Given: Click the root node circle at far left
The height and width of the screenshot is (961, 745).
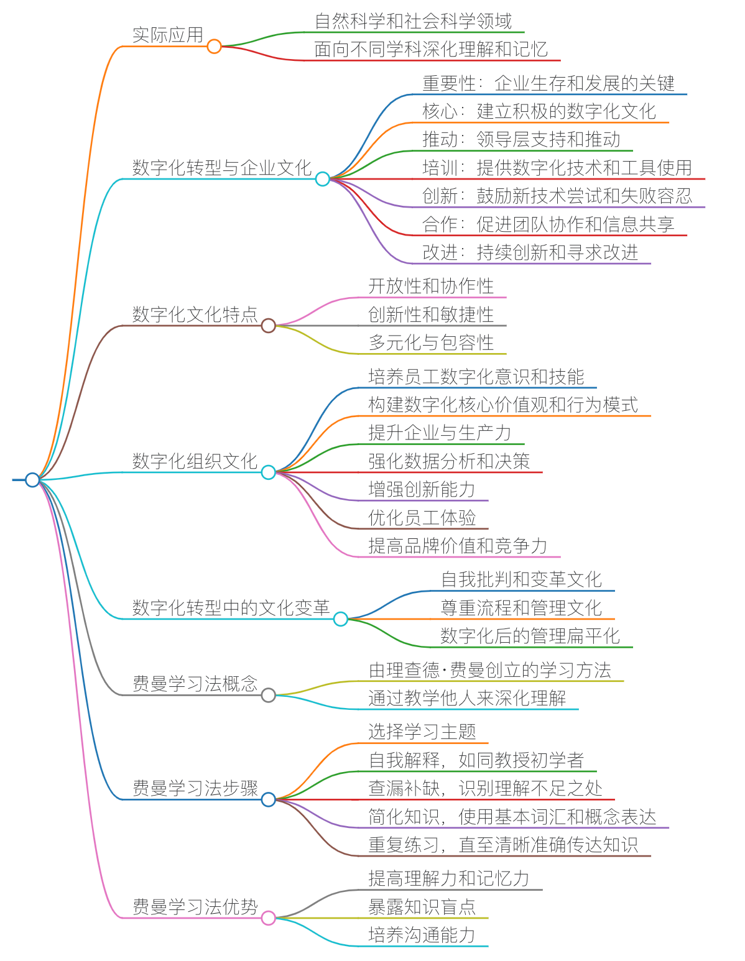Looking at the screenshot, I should tap(32, 479).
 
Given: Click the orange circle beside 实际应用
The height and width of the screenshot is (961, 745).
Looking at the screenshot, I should tap(214, 46).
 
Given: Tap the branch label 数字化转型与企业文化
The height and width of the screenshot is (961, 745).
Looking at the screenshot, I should tap(221, 167).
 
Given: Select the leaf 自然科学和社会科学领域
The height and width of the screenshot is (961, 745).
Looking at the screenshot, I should tap(413, 21).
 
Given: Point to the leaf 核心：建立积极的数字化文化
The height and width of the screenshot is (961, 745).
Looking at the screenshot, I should tap(539, 111).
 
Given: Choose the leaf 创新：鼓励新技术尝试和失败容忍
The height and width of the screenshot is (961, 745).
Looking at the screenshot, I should tap(557, 196).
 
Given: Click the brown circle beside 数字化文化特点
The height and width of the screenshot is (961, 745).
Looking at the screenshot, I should tap(268, 325).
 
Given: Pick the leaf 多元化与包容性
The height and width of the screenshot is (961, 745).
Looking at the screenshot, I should tap(431, 343).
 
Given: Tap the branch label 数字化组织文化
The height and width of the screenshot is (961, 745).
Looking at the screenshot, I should tap(195, 461).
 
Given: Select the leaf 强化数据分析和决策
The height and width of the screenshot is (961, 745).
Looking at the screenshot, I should tap(448, 461).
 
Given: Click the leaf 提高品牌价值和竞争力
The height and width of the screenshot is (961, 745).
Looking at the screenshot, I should tap(458, 546).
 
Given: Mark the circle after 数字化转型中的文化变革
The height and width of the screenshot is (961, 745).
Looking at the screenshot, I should tap(340, 618).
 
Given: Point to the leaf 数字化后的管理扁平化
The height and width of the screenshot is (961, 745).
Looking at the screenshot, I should tap(530, 636).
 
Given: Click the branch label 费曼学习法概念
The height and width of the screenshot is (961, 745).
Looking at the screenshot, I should tap(195, 684).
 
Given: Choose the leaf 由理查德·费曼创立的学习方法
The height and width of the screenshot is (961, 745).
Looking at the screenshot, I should tap(489, 670).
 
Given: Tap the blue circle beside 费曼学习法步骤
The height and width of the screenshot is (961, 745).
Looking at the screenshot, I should tap(268, 799).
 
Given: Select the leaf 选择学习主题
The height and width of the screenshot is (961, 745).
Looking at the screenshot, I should tap(422, 732).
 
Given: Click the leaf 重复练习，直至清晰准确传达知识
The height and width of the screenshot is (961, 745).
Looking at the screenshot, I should tap(502, 845).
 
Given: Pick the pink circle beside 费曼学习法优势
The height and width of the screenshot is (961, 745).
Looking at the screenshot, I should tap(268, 917).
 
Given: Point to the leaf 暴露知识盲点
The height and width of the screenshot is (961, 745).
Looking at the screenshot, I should tap(422, 907).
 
